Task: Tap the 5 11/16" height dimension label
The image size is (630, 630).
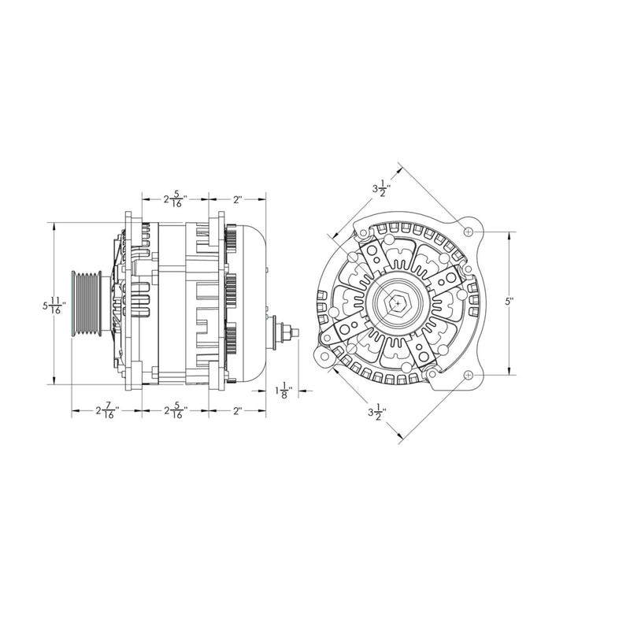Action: tap(57, 304)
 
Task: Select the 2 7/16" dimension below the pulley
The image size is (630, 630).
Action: tap(106, 411)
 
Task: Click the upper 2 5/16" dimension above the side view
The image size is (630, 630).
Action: tap(174, 199)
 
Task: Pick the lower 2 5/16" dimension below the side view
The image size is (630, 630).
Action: tap(174, 411)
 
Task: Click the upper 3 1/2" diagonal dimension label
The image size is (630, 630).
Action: tap(380, 189)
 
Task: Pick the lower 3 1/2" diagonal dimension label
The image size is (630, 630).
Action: tap(376, 412)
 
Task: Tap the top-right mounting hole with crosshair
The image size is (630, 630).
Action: tap(469, 233)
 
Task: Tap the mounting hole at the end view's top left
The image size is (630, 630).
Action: tap(360, 234)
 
